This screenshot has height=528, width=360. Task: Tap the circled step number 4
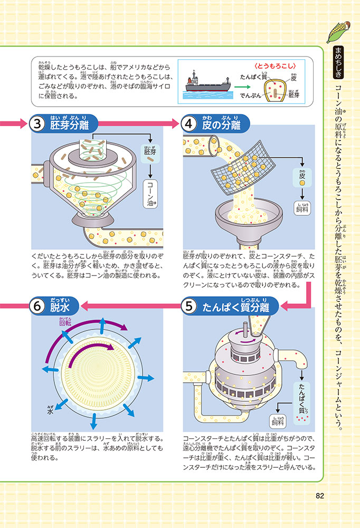pyautogui.click(x=190, y=125)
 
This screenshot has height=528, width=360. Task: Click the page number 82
pyautogui.click(x=319, y=495)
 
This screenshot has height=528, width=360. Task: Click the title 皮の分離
pyautogui.click(x=221, y=126)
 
